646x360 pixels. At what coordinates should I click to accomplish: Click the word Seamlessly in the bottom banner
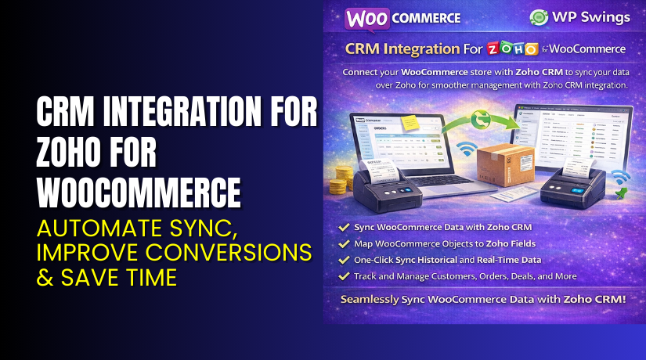pos(383,299)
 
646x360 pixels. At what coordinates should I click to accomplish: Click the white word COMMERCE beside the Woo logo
pos(427,17)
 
